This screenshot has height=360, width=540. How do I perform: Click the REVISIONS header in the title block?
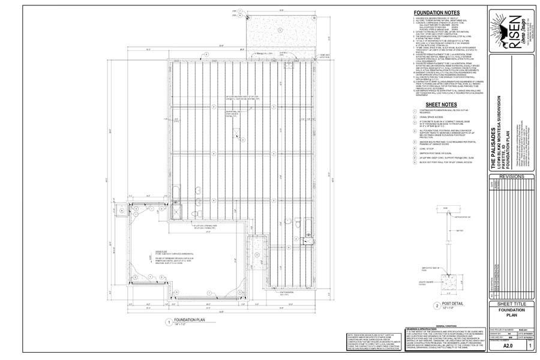point(512,177)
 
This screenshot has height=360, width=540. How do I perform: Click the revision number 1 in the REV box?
point(530,346)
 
